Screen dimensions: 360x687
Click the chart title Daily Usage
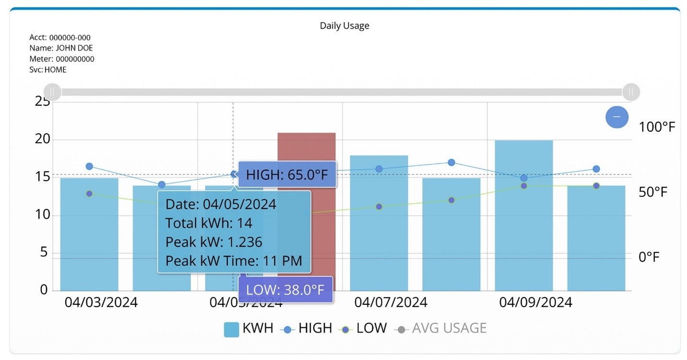[344, 26]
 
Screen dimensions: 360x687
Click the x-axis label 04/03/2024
[101, 302]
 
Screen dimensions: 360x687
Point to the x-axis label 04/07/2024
[391, 302]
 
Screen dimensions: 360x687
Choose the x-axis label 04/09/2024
[535, 302]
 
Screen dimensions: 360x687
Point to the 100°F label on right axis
[657, 127]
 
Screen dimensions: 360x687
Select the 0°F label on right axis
[649, 257]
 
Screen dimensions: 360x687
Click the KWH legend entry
[248, 329]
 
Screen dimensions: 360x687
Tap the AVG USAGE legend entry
[441, 329]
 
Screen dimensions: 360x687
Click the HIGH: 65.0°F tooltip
[287, 175]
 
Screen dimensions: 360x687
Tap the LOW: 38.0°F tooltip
[285, 290]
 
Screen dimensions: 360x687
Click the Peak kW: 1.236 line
[214, 242]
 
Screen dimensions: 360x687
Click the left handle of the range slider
[52, 92]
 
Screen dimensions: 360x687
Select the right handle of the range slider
[631, 92]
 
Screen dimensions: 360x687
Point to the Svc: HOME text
[48, 70]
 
